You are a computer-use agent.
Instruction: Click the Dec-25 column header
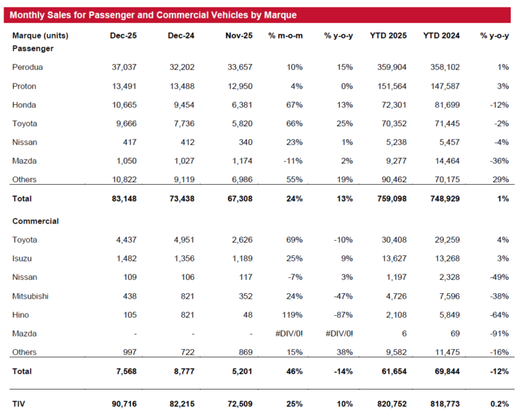123,36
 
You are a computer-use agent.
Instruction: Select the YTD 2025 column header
388,36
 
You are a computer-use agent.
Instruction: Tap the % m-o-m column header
285,36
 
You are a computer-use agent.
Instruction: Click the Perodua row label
28,68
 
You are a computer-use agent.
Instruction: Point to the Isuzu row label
22,259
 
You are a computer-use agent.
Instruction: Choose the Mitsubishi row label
30,296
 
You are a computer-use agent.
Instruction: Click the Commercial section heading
35,221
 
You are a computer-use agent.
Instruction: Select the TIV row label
19,403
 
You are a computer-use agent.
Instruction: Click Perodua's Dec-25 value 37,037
124,68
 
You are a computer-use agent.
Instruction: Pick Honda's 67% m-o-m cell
294,105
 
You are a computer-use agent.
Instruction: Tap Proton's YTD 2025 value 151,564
392,86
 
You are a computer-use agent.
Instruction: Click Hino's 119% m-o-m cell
292,315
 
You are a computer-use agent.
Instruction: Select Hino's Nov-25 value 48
247,315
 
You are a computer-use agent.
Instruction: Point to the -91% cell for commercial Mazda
499,334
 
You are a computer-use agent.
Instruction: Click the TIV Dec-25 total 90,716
124,403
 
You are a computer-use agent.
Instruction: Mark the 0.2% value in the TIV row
500,403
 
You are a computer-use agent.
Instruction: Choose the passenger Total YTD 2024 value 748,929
445,199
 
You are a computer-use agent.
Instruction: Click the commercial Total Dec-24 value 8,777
184,371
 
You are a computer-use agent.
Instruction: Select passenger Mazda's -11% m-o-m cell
293,161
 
